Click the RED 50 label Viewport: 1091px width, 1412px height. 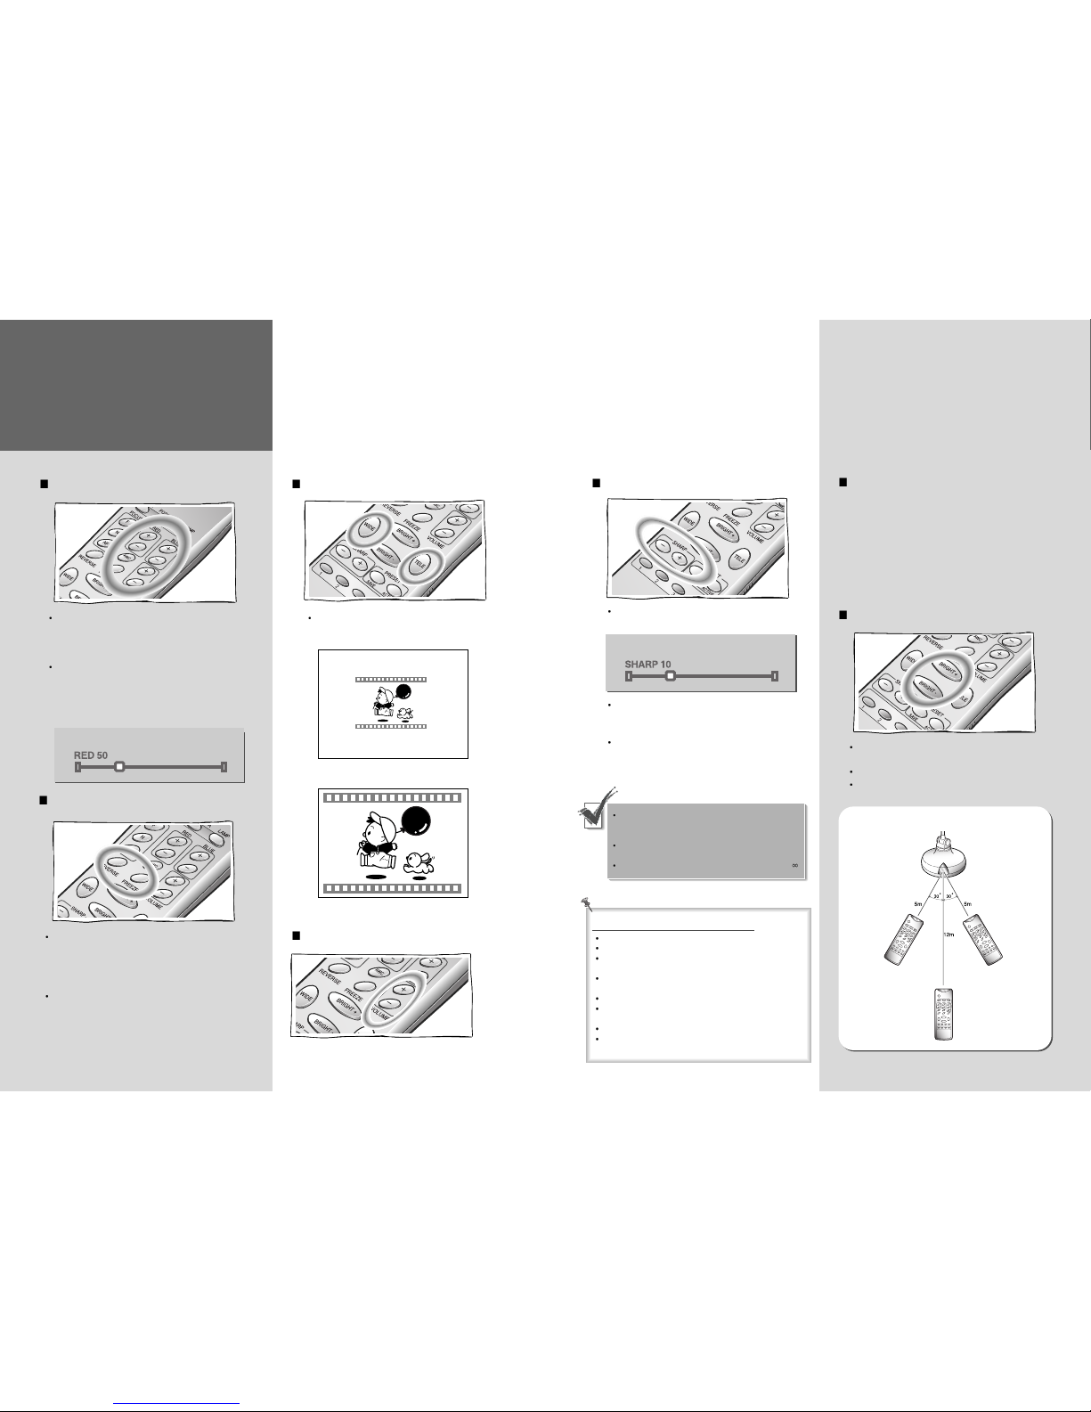(x=90, y=754)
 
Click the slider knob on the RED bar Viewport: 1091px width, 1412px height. (x=119, y=766)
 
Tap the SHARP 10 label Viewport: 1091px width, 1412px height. (x=647, y=664)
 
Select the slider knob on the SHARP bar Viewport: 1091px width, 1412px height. (x=671, y=676)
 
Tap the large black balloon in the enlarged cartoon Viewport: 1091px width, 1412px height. (x=416, y=820)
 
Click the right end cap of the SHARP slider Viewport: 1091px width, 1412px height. (x=775, y=676)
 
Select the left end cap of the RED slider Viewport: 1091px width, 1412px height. (x=78, y=766)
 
